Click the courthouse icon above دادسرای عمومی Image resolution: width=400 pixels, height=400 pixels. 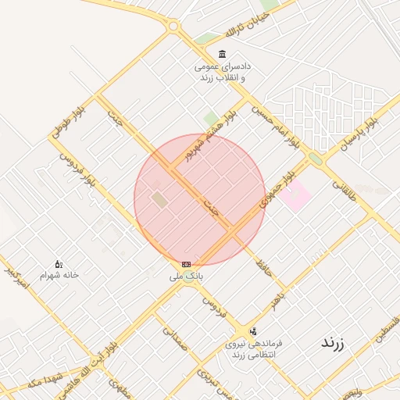pos(223,54)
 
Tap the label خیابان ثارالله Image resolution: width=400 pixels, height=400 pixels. pos(240,27)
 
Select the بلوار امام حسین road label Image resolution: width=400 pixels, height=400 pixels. pos(277,125)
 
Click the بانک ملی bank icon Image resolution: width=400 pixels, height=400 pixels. pos(186,264)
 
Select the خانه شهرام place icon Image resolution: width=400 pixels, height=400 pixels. pos(59,264)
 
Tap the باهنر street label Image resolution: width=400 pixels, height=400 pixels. pos(273,296)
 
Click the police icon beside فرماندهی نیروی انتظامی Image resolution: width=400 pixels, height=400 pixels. pos(252,330)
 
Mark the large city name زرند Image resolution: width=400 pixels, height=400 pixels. pos(333,343)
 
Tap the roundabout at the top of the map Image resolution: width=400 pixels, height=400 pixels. pos(173,27)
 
